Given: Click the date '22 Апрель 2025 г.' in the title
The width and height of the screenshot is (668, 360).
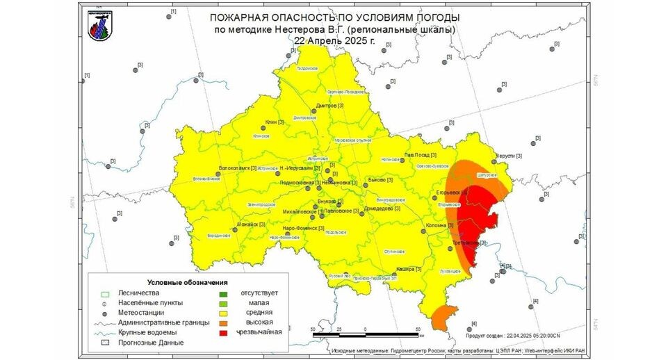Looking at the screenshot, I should point(334,40).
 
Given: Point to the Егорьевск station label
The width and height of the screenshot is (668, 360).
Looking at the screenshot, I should point(448,191).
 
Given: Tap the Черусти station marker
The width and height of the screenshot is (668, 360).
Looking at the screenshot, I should point(494,157).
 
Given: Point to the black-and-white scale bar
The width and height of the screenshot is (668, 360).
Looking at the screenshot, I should point(365,334).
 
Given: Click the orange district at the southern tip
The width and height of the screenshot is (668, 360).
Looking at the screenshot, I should point(443,317).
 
